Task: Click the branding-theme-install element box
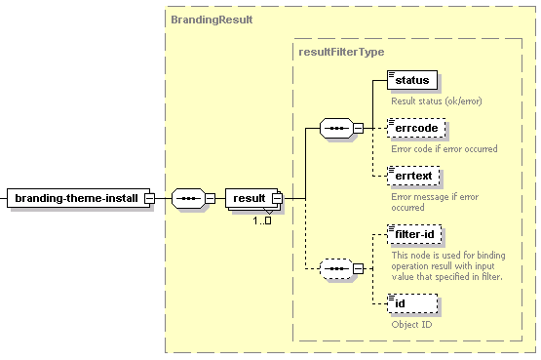(79, 198)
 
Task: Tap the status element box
(412, 80)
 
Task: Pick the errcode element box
(416, 128)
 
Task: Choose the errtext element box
(413, 176)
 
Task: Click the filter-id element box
(414, 234)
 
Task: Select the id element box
(412, 303)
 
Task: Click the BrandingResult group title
(212, 20)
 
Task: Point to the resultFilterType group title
(341, 52)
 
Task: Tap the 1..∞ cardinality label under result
(262, 220)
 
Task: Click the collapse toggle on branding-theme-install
(150, 198)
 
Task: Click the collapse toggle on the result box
(277, 198)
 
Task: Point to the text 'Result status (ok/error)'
(437, 101)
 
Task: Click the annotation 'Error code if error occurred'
(444, 148)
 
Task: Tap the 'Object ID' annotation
(411, 325)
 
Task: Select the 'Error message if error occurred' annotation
(435, 202)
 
